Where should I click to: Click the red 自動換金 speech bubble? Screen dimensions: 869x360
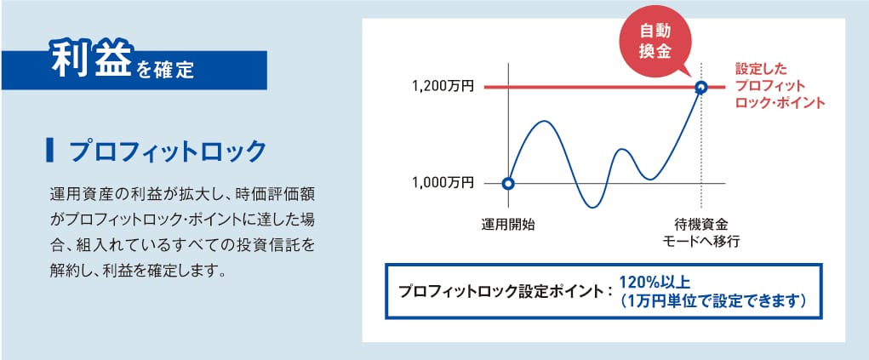[655, 42]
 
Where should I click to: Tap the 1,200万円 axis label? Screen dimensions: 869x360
[443, 87]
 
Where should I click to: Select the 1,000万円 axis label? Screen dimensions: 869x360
[443, 183]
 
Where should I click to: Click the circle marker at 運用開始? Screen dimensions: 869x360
[507, 183]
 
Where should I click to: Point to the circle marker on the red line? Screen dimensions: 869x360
[701, 87]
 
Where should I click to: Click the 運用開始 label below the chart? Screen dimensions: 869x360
[508, 225]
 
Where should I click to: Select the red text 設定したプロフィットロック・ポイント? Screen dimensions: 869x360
[780, 86]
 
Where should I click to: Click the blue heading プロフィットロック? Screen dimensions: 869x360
[168, 151]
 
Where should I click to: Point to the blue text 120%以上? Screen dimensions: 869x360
[654, 283]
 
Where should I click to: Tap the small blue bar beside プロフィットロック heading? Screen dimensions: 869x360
[50, 151]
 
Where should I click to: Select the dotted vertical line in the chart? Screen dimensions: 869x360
[701, 135]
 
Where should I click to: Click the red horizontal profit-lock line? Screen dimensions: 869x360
[604, 87]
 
